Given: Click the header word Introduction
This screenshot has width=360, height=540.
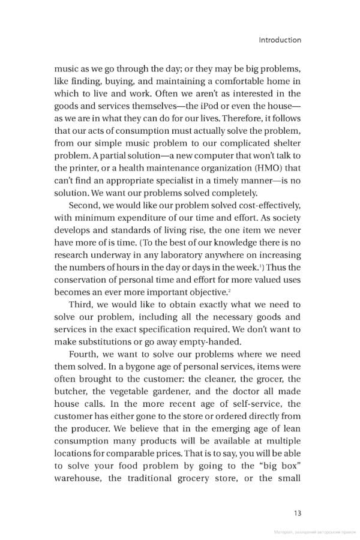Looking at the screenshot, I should pos(280,40).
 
